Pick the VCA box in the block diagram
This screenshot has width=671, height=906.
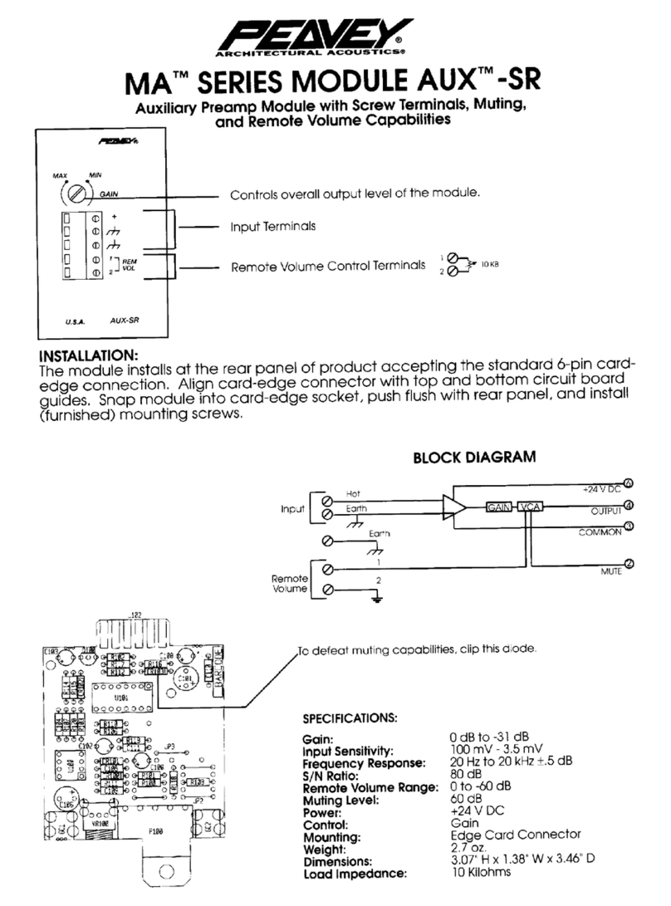coord(529,507)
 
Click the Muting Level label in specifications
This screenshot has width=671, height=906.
coord(341,801)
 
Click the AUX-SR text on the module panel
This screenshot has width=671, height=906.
coord(125,319)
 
